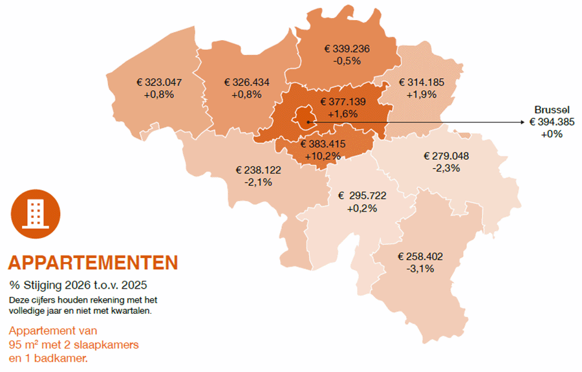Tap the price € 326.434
coord(246,83)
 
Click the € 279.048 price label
coord(446,156)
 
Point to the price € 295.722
coord(362,196)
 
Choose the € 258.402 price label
coord(420,257)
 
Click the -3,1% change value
coord(420,268)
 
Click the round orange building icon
coord(36,213)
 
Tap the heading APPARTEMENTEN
coord(92,263)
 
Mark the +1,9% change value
coord(422,94)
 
